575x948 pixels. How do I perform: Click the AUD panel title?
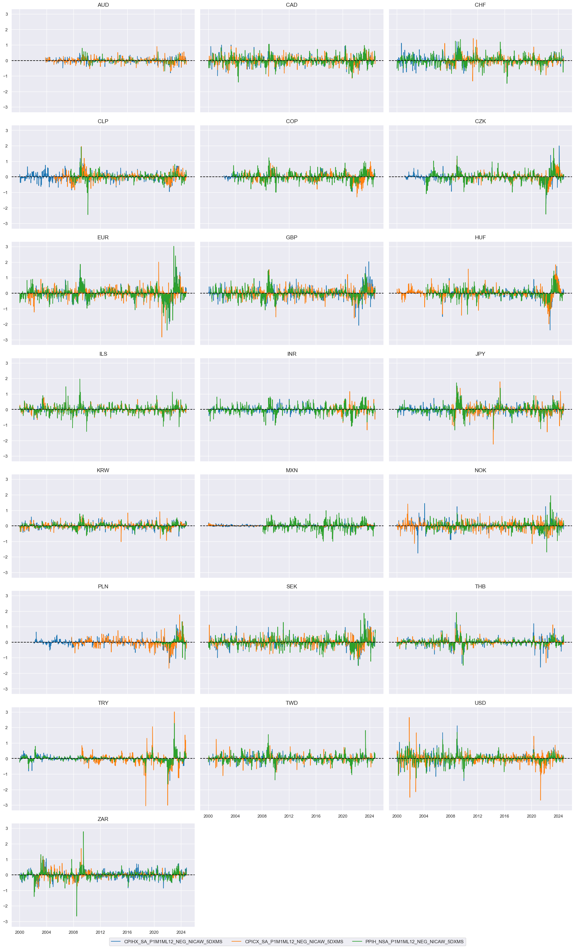click(x=103, y=5)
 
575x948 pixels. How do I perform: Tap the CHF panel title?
click(x=480, y=5)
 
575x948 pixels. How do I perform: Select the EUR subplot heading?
click(x=103, y=237)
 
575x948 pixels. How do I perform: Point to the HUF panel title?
click(x=480, y=237)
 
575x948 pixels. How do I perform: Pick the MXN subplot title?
click(x=292, y=470)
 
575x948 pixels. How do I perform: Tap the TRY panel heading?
click(x=103, y=703)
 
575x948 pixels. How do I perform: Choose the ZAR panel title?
click(x=103, y=819)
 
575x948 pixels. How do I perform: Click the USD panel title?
click(x=480, y=703)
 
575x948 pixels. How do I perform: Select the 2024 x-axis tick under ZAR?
click(x=181, y=932)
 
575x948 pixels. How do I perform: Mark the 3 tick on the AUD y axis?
click(x=6, y=14)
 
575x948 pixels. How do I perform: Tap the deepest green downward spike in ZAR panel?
click(x=77, y=916)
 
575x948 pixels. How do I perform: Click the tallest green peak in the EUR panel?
click(x=174, y=247)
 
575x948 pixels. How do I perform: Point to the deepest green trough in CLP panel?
click(x=88, y=214)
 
